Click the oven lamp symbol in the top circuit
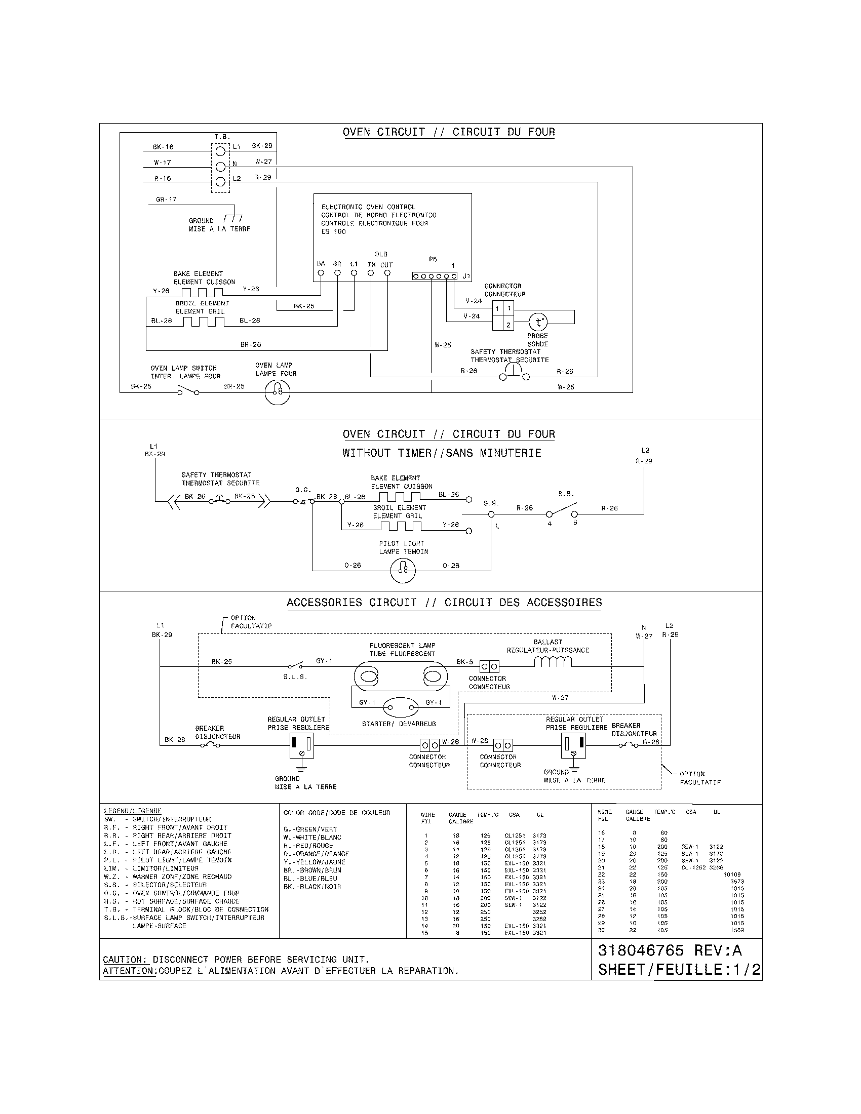[278, 392]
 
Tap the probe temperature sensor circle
[537, 323]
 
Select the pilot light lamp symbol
[403, 570]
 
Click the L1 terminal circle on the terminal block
[220, 151]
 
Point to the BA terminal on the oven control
[321, 273]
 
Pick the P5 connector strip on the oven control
[435, 276]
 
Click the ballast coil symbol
[553, 662]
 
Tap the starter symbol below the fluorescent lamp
[402, 707]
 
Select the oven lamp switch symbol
[188, 391]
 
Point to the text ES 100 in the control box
[333, 231]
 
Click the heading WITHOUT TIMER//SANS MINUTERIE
[442, 453]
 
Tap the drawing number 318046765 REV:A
[670, 950]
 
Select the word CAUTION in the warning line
[125, 960]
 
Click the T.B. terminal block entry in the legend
[186, 909]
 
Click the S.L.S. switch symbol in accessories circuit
[295, 666]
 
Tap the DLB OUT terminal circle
[387, 273]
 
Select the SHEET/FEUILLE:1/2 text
[679, 970]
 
